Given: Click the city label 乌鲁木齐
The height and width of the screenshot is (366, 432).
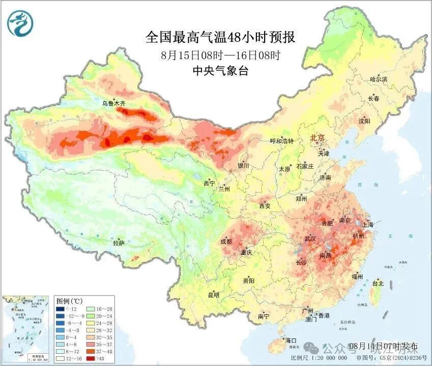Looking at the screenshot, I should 113,103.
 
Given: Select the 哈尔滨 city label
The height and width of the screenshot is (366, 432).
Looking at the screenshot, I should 379,80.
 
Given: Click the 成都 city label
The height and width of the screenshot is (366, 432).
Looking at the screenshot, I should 226,241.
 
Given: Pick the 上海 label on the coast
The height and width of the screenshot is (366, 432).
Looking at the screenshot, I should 367,225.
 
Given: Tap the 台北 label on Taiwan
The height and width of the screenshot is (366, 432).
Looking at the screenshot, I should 378,283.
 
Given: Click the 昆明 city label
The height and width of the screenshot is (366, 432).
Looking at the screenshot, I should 213,295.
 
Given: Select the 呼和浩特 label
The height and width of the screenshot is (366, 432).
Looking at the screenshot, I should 281,141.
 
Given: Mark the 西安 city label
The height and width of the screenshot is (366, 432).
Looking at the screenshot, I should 265,206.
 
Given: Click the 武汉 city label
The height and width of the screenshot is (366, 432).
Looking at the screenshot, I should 310,239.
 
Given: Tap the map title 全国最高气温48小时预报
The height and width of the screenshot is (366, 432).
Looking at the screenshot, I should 220,38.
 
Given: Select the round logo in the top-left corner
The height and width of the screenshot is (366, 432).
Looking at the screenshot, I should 19,23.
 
